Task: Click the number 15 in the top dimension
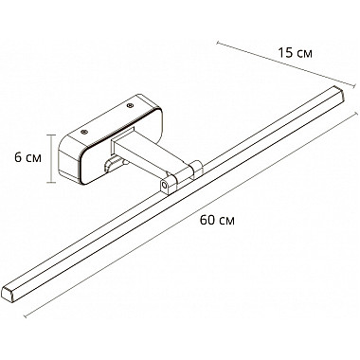pos(285,53)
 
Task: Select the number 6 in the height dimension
pos(18,157)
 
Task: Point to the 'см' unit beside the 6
pos(33,158)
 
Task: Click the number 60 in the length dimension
pos(207,220)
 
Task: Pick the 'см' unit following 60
pos(226,222)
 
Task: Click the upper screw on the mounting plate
pos(130,105)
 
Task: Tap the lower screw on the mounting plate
pos(84,132)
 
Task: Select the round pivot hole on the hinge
pos(165,185)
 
